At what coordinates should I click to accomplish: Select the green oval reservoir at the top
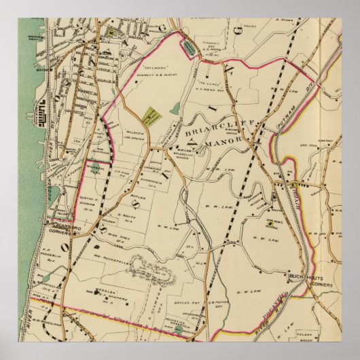coord(186,47)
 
